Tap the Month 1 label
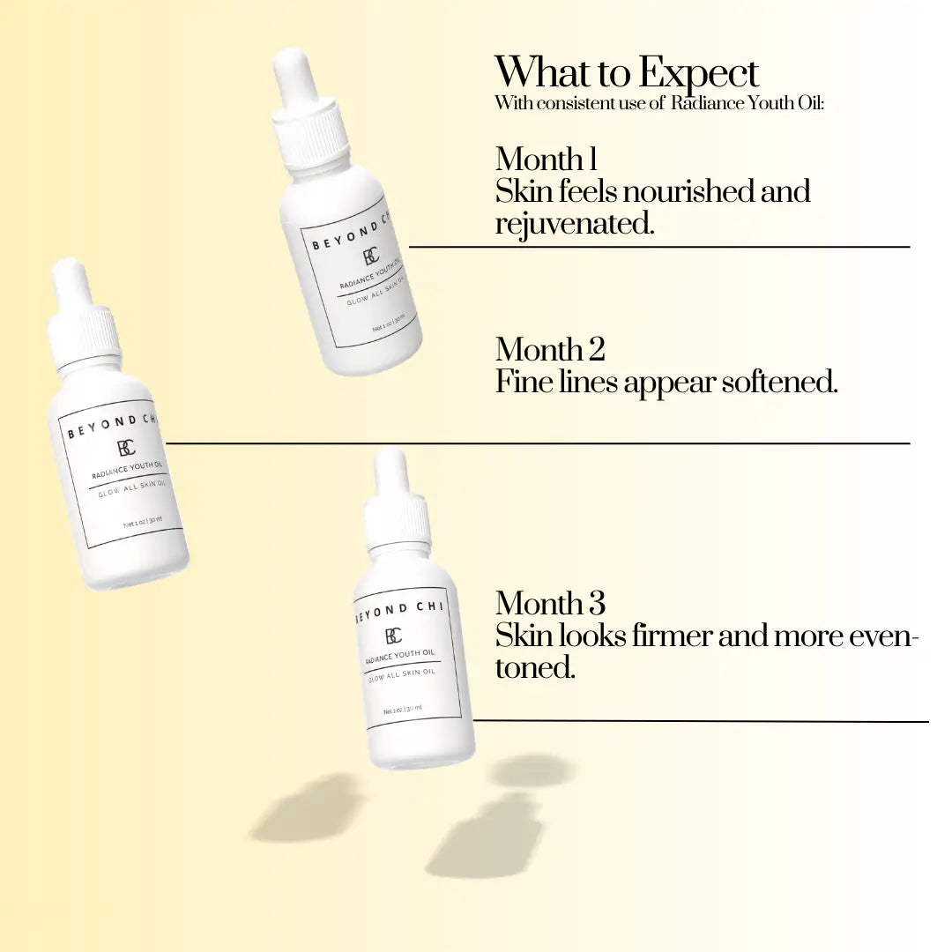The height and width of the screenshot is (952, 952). coord(546,159)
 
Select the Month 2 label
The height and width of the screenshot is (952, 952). coord(550,349)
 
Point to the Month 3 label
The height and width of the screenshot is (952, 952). coord(550,604)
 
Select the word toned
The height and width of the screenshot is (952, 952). coord(535,668)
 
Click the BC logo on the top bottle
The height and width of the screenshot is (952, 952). coord(371,257)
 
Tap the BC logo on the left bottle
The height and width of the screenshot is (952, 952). coord(126,448)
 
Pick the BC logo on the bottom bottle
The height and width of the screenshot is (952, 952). coord(393,636)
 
